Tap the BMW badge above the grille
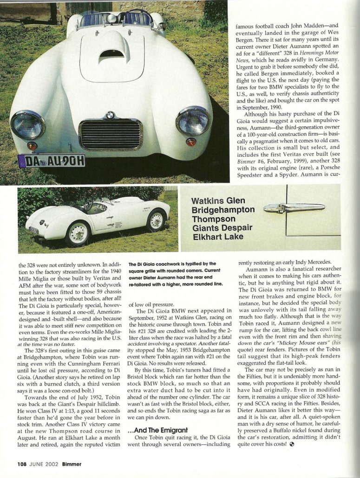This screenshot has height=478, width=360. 111,115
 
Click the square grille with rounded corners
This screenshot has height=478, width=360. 111,135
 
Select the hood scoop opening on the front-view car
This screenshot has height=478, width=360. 111,55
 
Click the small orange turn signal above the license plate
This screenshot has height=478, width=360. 32,146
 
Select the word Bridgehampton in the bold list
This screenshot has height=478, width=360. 223,210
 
